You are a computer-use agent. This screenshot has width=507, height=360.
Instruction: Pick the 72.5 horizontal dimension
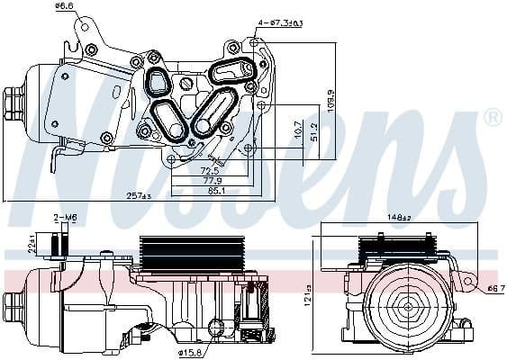point(210,169)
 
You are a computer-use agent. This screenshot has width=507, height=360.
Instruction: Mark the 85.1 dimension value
point(217,190)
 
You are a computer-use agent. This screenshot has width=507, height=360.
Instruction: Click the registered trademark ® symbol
point(493,116)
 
